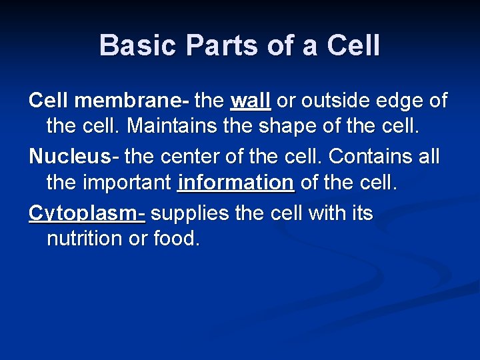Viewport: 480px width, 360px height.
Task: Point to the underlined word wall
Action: [x=250, y=101]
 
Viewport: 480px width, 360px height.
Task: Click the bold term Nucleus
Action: [x=69, y=157]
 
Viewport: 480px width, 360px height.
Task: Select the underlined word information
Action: [x=236, y=182]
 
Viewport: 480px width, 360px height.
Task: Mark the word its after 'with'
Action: [x=360, y=214]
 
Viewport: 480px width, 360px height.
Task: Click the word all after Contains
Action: [x=428, y=157]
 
